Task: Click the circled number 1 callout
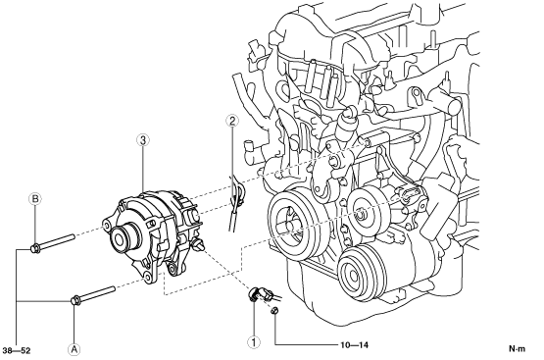click(254, 342)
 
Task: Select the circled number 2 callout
click(232, 121)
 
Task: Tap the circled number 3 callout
click(143, 140)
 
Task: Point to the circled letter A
click(74, 349)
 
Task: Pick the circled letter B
click(35, 199)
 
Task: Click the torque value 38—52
click(17, 350)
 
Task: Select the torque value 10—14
click(354, 345)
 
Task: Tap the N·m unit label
click(517, 348)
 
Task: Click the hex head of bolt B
click(35, 248)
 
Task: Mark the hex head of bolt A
click(75, 300)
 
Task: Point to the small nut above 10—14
click(274, 311)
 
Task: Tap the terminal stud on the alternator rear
click(198, 243)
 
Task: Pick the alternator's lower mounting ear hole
click(148, 277)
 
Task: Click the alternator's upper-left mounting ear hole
click(106, 227)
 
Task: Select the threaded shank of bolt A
click(97, 293)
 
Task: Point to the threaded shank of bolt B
click(57, 241)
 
